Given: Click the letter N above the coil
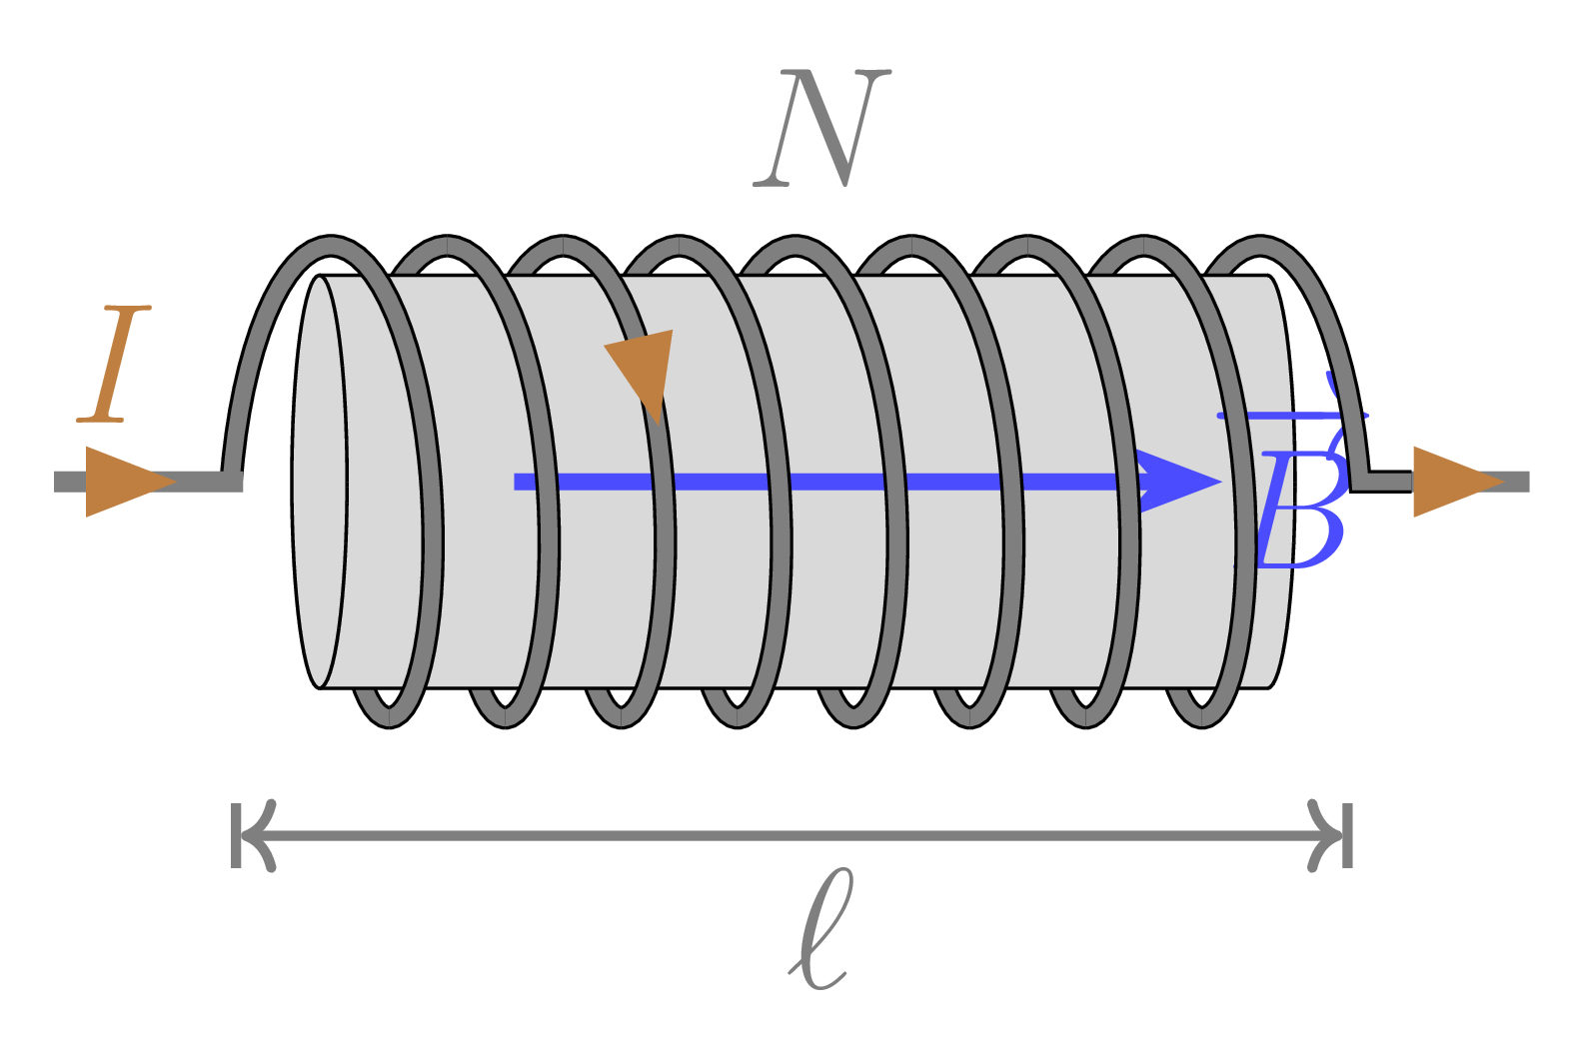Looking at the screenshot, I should coord(821,128).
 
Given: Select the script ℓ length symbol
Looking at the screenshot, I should coord(820,930).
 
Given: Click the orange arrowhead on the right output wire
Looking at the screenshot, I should coord(1455,482).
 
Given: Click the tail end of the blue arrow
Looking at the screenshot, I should coord(518,482).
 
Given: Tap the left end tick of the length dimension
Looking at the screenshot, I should coord(237,834).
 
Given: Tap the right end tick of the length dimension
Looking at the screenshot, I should coord(1347,834).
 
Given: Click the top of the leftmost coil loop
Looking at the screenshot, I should coord(330,243).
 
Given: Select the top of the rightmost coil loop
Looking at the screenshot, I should coord(1261,243).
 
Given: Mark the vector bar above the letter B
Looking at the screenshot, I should coord(1291,415).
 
